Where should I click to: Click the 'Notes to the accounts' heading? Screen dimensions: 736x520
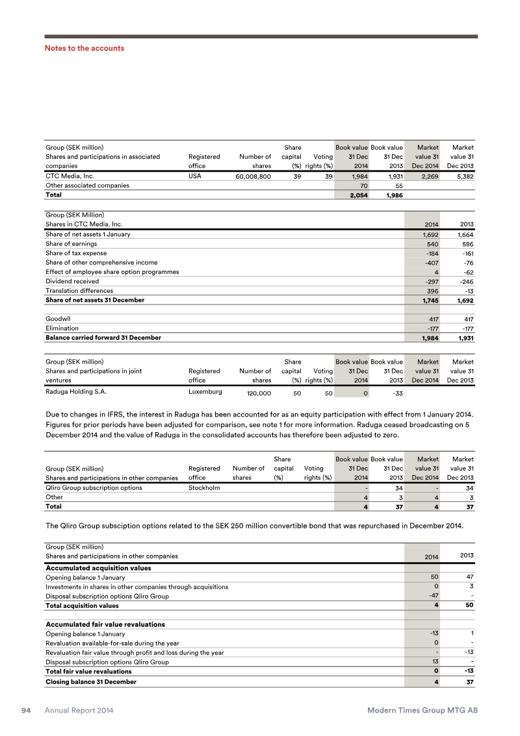tap(84, 48)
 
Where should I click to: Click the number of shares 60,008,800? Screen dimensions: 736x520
tap(249, 176)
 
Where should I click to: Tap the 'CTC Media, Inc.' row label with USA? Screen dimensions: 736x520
tap(70, 176)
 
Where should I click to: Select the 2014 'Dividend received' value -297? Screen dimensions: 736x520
tap(430, 282)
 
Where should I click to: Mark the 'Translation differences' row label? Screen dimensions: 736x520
tap(79, 291)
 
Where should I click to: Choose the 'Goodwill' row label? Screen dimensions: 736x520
tap(58, 319)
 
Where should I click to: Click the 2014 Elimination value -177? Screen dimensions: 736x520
tap(430, 329)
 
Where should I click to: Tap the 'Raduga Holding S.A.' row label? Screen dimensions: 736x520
tap(75, 392)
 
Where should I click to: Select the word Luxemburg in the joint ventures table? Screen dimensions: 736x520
tap(205, 392)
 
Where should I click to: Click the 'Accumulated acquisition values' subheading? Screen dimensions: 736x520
tap(98, 568)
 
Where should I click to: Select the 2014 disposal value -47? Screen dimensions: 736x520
tap(430, 596)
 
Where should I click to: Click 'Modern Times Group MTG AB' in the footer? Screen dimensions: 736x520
tap(422, 711)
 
